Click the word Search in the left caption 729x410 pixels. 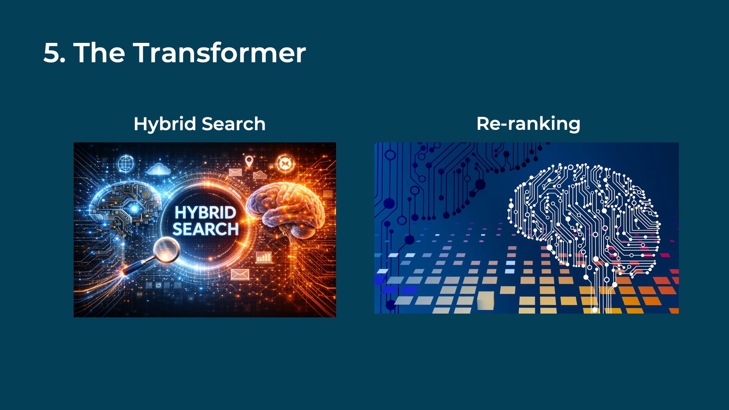(234, 124)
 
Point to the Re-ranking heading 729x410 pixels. (528, 124)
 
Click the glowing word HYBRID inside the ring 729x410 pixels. (205, 213)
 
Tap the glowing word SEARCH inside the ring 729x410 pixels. (205, 229)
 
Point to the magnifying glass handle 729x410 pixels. (137, 265)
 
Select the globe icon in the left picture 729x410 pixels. (125, 164)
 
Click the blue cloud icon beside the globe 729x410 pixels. (159, 169)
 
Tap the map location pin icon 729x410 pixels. (249, 161)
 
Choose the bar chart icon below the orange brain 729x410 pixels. (264, 257)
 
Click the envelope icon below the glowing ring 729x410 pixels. (240, 274)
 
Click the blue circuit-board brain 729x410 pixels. (125, 207)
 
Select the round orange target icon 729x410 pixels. (284, 164)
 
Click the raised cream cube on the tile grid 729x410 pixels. (485, 300)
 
